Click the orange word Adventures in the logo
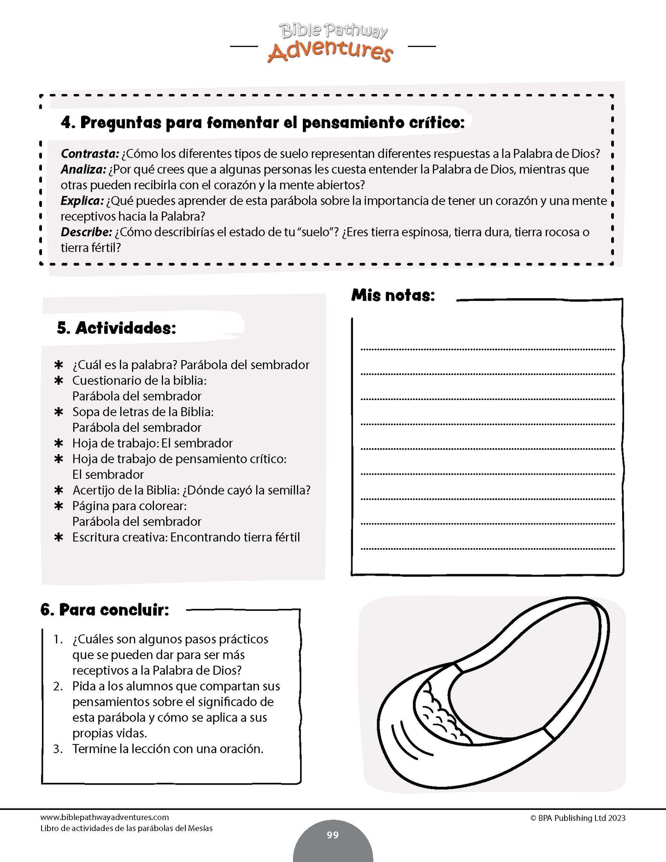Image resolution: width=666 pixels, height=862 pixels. point(330,52)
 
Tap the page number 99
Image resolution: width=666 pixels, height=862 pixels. point(332,835)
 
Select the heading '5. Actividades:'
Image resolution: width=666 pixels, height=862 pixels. point(116,328)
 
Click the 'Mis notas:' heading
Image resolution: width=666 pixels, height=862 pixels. point(393,295)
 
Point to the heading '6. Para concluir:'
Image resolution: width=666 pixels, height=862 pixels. point(105,610)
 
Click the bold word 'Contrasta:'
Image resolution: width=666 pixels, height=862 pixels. point(90,154)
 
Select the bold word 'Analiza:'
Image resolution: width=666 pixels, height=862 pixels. point(83,169)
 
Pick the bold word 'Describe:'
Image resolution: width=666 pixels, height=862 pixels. point(86,232)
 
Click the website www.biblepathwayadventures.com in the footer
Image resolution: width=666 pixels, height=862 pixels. point(105,817)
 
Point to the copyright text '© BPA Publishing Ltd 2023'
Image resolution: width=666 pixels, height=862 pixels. point(578,818)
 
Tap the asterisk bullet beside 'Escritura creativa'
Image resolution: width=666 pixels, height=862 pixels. point(59,537)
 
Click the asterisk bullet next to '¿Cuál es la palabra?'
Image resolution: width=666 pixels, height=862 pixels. point(59,365)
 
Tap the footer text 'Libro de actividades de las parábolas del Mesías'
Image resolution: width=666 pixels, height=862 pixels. point(127,828)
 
